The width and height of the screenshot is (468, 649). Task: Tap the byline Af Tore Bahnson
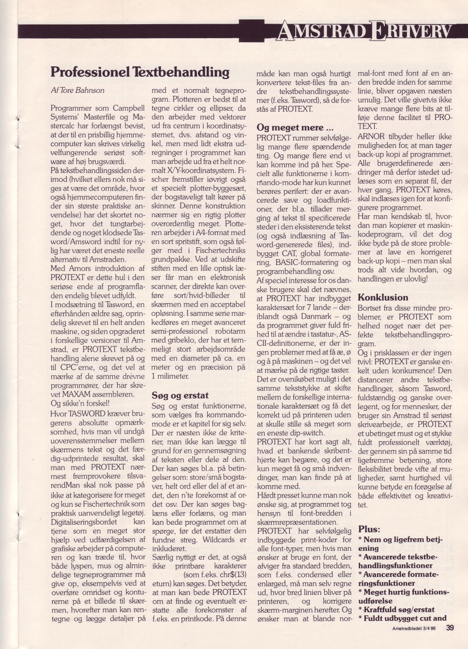(77, 90)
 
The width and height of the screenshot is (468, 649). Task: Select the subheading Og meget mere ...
(295, 128)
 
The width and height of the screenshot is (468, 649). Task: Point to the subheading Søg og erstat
(180, 395)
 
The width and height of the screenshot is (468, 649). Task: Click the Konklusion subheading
(382, 297)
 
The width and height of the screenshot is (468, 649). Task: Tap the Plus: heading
(369, 529)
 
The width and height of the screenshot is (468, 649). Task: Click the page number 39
(450, 628)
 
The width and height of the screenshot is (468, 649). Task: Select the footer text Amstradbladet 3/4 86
(414, 628)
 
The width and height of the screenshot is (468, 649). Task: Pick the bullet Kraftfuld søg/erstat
(398, 609)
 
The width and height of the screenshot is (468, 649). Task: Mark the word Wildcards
(218, 539)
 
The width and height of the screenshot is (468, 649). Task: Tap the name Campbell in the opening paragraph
(129, 108)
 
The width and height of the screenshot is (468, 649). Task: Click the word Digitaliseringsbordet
(84, 522)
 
